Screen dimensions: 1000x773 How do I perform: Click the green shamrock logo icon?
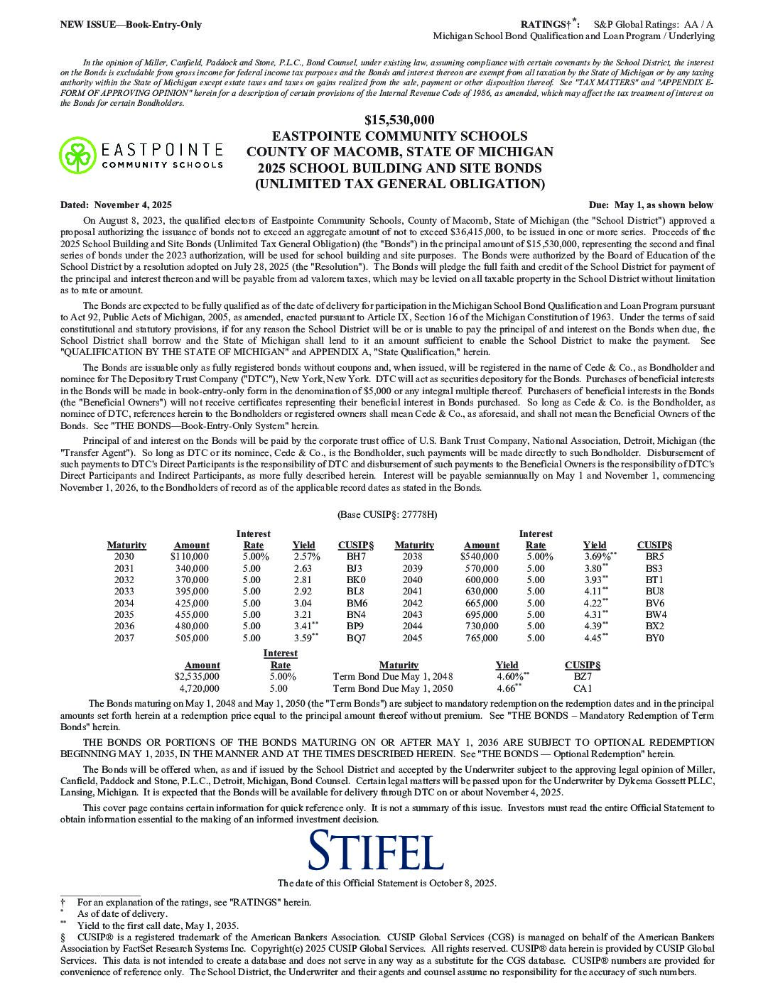click(x=75, y=155)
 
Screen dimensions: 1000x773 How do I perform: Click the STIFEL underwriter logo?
click(x=377, y=851)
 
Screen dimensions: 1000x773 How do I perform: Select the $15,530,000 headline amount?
click(x=399, y=120)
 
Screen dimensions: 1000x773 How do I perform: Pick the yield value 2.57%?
click(x=306, y=557)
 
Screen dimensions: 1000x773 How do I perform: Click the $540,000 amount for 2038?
click(x=480, y=557)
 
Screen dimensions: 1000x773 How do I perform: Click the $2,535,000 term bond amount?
click(x=197, y=677)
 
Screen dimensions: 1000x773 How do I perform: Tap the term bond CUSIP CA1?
click(x=583, y=688)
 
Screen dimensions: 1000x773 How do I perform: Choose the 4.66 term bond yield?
click(x=507, y=688)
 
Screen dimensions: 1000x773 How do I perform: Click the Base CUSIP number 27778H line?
click(x=387, y=514)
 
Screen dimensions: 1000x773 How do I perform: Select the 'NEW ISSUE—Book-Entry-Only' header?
click(x=131, y=25)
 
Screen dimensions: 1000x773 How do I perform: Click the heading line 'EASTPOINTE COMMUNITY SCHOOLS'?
click(x=399, y=136)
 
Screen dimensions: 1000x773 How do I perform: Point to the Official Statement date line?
click(x=386, y=883)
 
